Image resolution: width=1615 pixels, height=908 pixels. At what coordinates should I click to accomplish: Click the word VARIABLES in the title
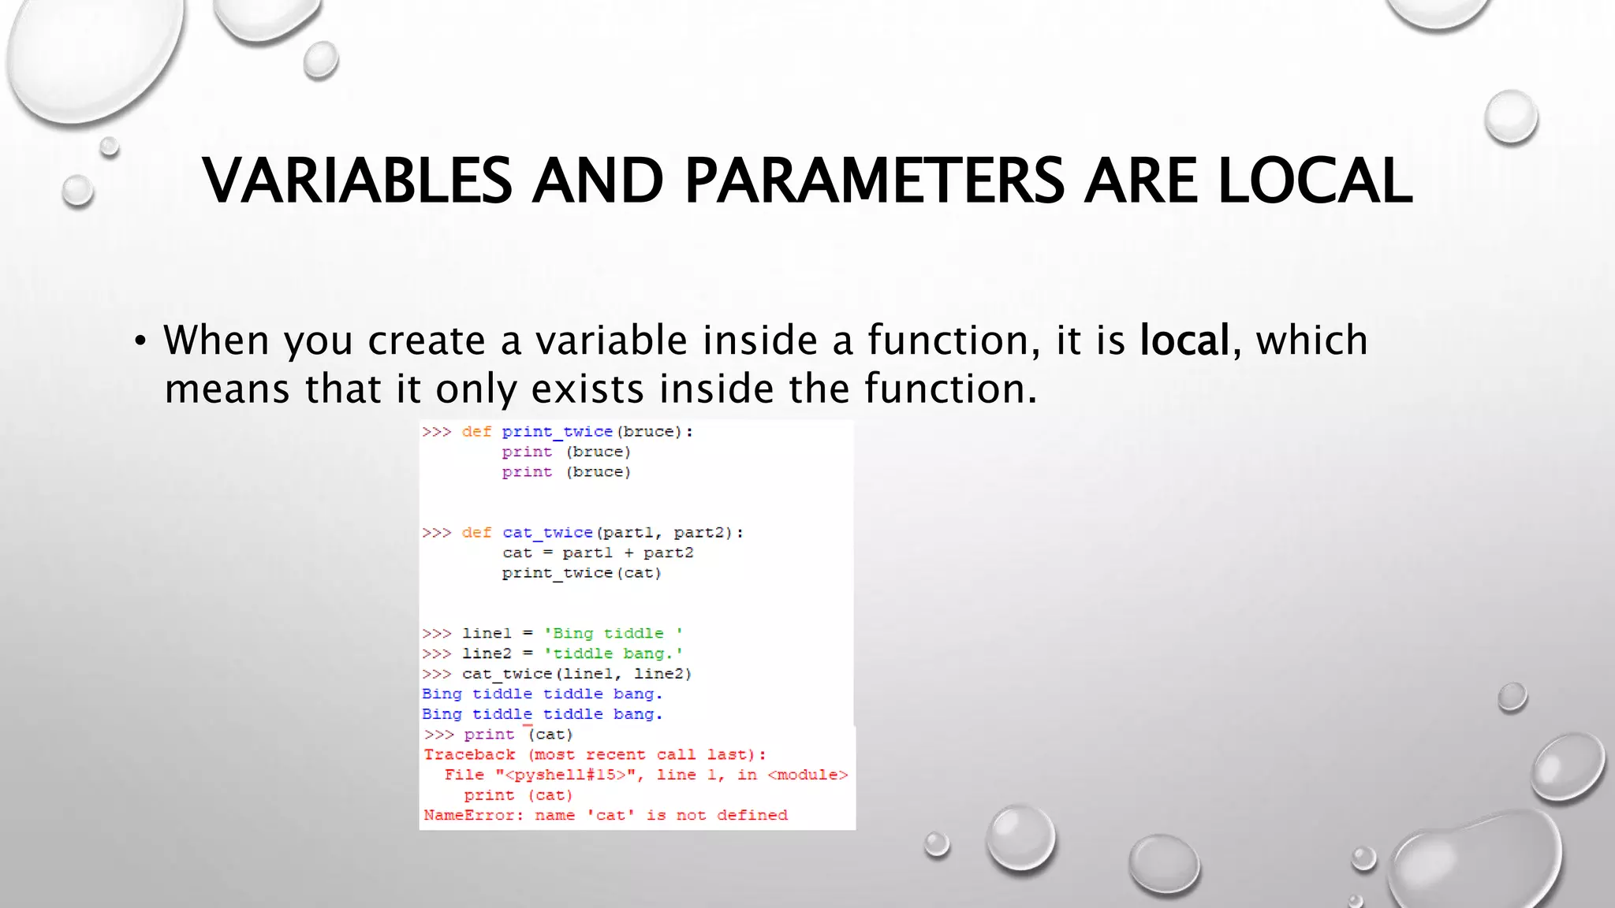click(357, 180)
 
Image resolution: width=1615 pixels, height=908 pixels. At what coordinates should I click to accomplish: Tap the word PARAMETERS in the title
click(874, 180)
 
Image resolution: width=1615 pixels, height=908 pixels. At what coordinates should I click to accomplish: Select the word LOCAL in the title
click(1315, 180)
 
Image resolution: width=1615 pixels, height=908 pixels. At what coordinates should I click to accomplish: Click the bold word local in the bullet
click(1184, 340)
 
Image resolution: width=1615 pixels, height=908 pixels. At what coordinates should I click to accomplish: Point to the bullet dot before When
click(140, 341)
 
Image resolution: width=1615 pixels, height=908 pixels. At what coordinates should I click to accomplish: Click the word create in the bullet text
click(427, 340)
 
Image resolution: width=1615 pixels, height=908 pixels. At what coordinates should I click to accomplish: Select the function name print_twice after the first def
click(557, 432)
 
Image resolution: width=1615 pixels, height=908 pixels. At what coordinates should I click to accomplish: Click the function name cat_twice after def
click(547, 533)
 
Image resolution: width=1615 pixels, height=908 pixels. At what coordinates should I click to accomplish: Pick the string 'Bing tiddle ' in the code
click(613, 634)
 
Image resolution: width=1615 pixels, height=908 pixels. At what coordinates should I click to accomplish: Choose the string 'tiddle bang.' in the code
click(613, 653)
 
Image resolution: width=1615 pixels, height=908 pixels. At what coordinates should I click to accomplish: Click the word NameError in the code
click(470, 815)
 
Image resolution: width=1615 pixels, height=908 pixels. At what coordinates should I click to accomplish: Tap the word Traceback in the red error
click(469, 754)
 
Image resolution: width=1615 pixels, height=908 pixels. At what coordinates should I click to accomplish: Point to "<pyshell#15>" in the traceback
click(565, 775)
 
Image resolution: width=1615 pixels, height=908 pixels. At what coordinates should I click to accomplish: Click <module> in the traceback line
click(807, 775)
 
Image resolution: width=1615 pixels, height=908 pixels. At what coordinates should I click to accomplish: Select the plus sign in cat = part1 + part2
click(628, 553)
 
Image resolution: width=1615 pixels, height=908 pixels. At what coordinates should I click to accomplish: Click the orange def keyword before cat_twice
click(476, 533)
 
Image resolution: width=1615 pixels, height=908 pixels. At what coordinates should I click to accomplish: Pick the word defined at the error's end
click(752, 815)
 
